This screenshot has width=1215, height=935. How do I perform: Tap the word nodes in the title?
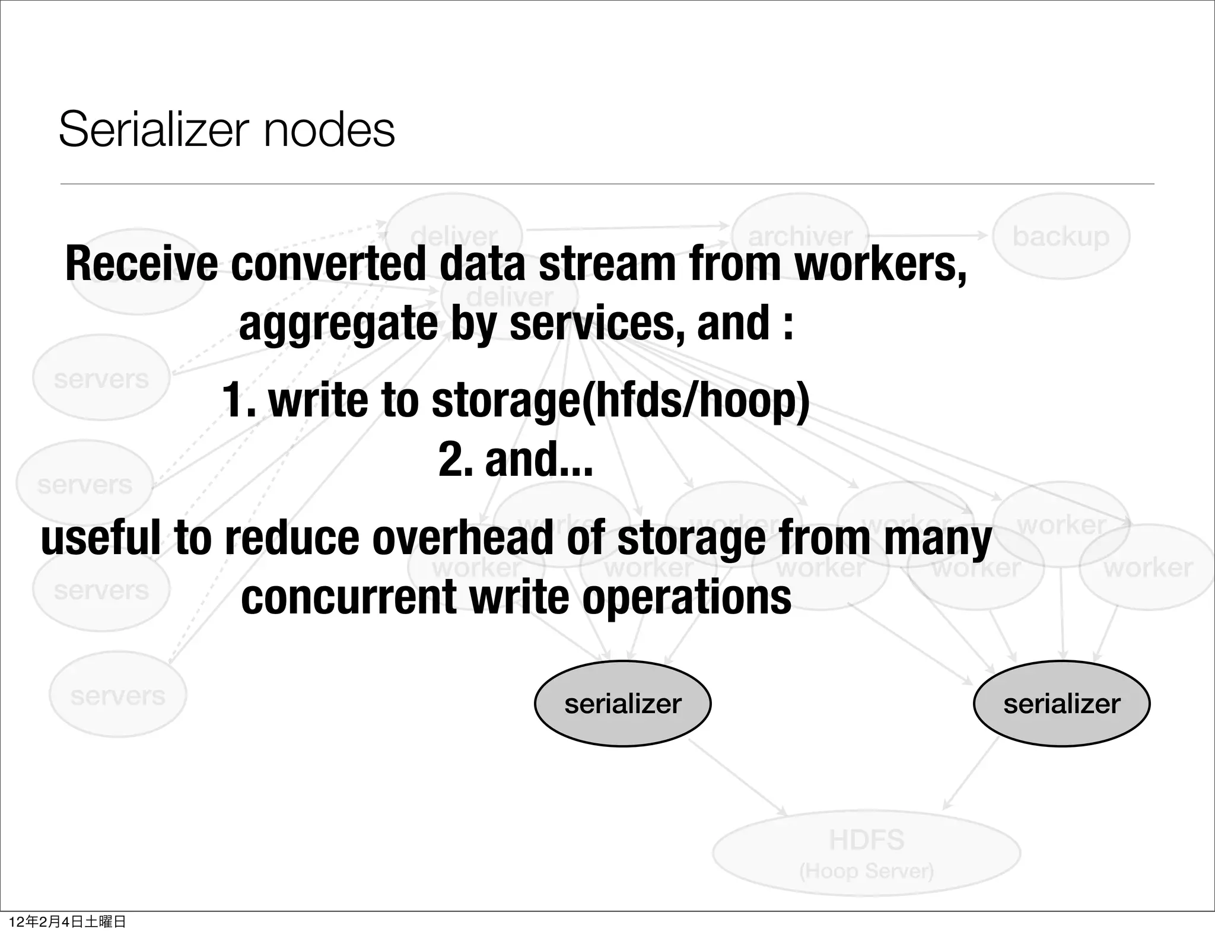tap(329, 129)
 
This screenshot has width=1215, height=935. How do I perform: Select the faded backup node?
tap(1061, 236)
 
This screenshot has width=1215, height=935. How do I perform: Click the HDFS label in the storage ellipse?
tap(866, 840)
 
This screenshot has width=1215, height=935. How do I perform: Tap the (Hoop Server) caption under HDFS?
tap(866, 871)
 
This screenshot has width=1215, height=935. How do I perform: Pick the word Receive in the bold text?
tap(141, 264)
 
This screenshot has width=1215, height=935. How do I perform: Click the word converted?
tap(329, 264)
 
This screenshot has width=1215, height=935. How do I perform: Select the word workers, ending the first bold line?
tap(880, 264)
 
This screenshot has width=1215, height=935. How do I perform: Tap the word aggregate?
tap(339, 325)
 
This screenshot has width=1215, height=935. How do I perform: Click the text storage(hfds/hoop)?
tap(621, 400)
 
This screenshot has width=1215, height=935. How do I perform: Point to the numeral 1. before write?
tap(239, 400)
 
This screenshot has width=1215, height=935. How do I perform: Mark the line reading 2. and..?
tap(516, 460)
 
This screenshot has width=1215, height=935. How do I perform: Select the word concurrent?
tap(348, 598)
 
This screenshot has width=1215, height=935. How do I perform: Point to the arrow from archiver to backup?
tap(929, 236)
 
